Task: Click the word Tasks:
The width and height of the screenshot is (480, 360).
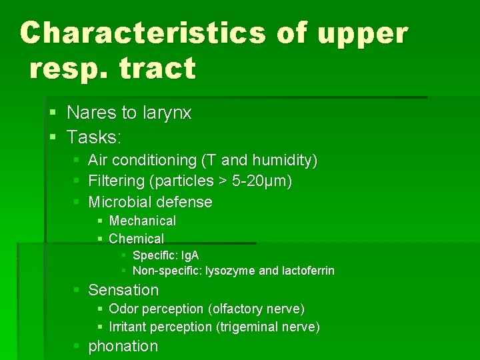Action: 94,137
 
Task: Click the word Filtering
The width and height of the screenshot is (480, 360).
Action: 116,181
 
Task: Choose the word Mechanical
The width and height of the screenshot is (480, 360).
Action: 142,221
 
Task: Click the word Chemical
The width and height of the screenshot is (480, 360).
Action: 136,239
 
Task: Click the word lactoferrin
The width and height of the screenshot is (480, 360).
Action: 309,271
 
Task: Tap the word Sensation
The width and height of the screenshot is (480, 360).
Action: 123,290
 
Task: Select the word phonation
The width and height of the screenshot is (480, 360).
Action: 123,346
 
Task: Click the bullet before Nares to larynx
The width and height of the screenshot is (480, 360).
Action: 53,113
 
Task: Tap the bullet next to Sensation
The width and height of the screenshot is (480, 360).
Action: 76,291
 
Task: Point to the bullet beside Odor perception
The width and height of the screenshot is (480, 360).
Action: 99,309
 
